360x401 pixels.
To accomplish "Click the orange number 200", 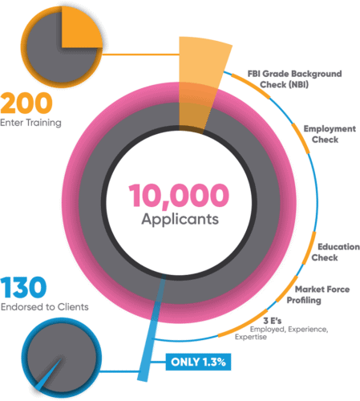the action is click(26, 103).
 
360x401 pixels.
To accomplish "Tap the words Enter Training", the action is click(30, 123).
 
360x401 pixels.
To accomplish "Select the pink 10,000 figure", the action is click(179, 196).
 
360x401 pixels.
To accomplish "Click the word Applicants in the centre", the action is click(180, 220).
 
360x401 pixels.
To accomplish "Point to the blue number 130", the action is click(23, 287).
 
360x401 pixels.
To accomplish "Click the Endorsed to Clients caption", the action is click(45, 307).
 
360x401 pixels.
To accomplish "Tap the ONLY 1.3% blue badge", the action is click(198, 362).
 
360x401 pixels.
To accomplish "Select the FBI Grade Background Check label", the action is click(294, 79).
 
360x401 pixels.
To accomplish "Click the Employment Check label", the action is click(330, 134).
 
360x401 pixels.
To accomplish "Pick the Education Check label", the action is click(335, 252).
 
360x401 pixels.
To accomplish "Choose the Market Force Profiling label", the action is click(318, 294).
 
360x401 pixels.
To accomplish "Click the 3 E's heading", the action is click(272, 321).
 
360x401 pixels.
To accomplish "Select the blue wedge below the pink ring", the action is click(152, 329).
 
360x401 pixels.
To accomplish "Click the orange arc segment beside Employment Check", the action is click(301, 138).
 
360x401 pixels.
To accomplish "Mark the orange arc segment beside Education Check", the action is click(310, 249).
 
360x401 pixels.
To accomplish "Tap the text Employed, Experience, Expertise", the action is click(281, 333).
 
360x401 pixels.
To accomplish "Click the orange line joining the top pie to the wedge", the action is click(140, 55).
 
